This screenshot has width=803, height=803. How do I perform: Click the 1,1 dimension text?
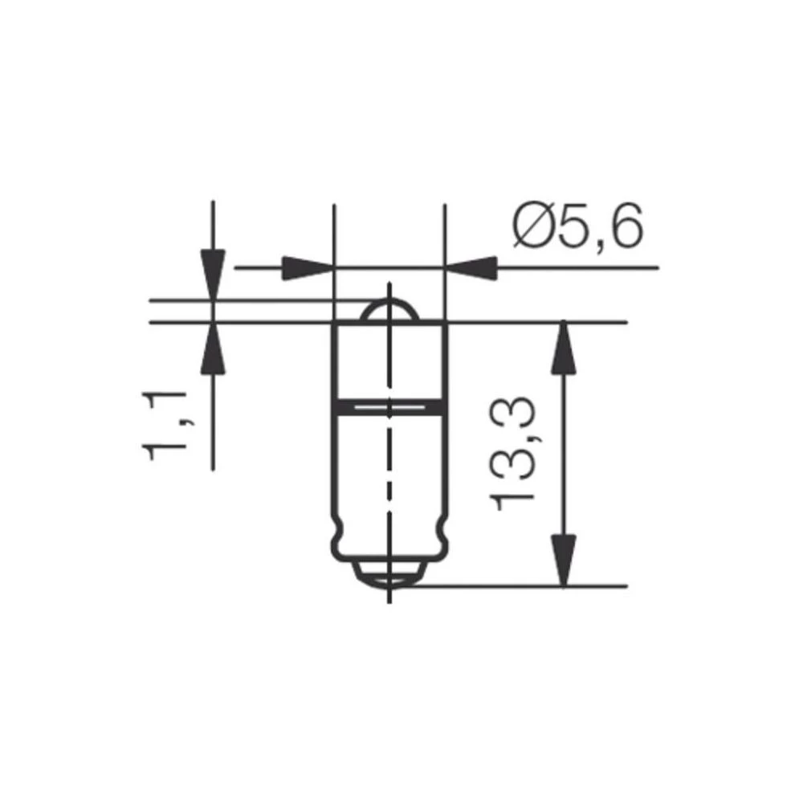click(165, 426)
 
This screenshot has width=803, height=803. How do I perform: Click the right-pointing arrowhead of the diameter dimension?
click(308, 267)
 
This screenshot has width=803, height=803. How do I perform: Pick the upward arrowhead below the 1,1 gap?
click(212, 349)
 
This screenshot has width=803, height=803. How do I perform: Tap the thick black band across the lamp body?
click(389, 407)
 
